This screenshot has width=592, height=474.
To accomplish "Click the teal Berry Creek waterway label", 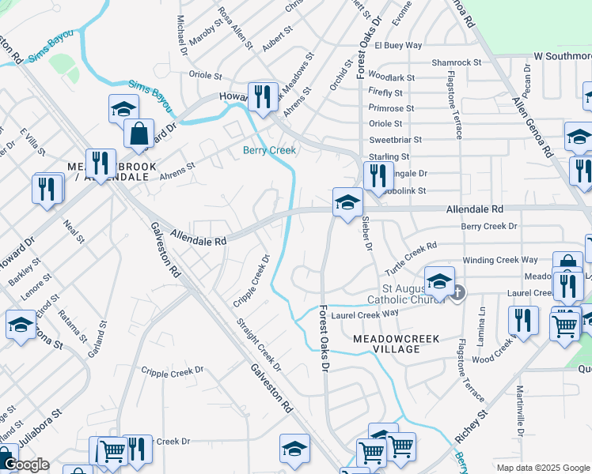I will click(x=269, y=150).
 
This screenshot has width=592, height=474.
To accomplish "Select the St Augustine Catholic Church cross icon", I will click(x=457, y=293).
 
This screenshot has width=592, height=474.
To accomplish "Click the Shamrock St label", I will click(x=457, y=62).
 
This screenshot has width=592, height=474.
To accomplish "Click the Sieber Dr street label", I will click(x=367, y=234).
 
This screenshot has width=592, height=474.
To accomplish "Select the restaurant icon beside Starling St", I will click(x=378, y=175).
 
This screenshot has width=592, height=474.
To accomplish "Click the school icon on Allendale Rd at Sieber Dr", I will click(x=347, y=201).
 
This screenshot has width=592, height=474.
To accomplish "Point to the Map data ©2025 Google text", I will click(x=542, y=468).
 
